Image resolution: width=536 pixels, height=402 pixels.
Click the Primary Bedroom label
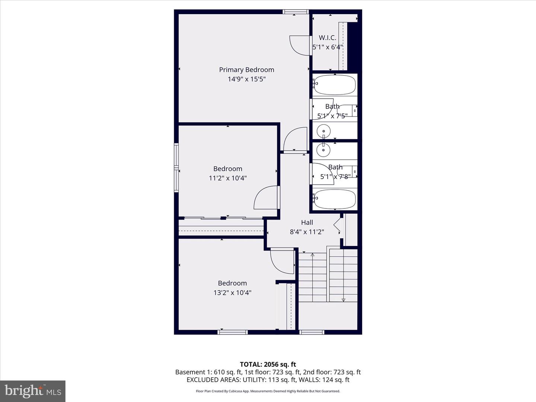click(x=246, y=70)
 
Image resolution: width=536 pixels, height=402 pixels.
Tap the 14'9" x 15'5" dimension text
click(x=246, y=79)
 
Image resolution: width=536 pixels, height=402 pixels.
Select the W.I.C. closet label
click(x=328, y=38)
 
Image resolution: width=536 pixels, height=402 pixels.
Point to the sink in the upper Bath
click(x=323, y=131)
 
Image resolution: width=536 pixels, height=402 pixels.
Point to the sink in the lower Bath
click(x=323, y=150)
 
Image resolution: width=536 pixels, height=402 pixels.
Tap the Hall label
click(x=307, y=222)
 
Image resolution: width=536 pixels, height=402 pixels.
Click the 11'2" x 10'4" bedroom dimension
click(x=228, y=178)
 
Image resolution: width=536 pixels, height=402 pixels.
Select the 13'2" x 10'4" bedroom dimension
click(x=232, y=293)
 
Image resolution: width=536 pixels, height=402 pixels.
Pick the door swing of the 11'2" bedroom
click(x=266, y=198)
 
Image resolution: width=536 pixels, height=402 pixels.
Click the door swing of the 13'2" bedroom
click(x=283, y=262)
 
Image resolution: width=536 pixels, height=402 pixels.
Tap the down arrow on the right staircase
click(x=343, y=299)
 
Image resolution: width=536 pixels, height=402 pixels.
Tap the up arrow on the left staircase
click(x=313, y=255)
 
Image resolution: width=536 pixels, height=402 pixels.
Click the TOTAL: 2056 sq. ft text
click(x=268, y=364)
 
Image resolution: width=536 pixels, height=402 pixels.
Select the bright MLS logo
click(x=33, y=391)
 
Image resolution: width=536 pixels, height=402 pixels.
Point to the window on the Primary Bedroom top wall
click(x=296, y=12)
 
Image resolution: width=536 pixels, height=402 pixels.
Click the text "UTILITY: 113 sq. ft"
click(x=268, y=380)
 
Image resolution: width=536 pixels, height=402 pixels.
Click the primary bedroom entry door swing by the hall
click(x=295, y=140)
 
